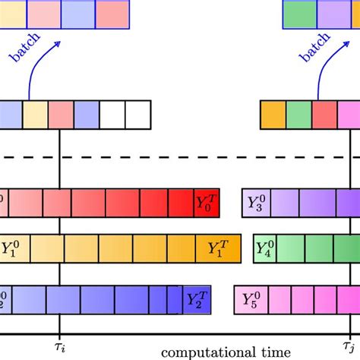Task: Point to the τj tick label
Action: coord(350,345)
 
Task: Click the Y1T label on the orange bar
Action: coord(221,248)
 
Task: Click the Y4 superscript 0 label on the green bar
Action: coord(267,248)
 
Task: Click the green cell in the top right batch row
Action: coord(298,11)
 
